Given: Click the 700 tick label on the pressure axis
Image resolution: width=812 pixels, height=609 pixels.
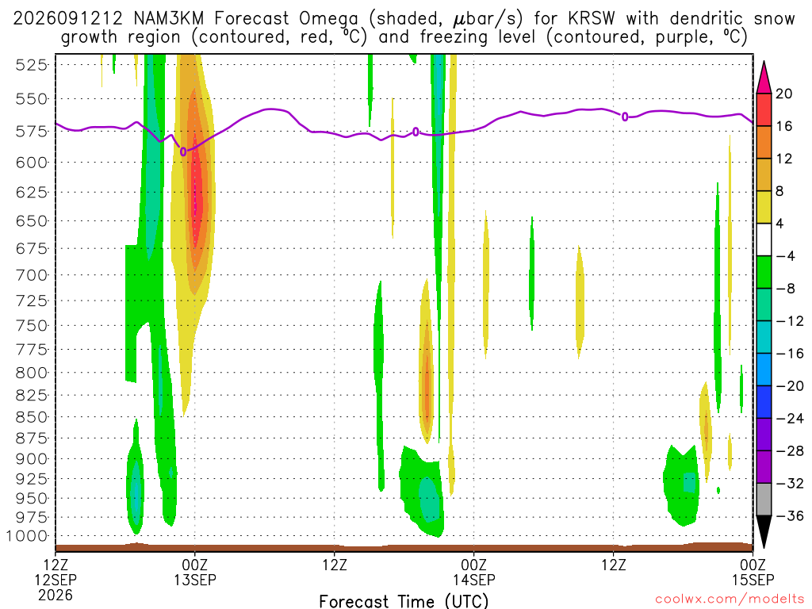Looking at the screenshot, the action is point(32,275).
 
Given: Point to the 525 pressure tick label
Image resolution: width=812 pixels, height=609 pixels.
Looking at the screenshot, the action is point(32,65).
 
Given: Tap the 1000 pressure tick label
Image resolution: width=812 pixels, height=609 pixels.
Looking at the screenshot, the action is point(28,536).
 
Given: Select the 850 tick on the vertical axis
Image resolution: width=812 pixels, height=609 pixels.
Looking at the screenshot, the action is point(32,417).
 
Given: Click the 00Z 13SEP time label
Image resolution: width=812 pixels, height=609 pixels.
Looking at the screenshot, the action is point(195,572).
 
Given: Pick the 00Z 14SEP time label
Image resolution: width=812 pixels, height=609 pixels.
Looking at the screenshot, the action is point(474,572).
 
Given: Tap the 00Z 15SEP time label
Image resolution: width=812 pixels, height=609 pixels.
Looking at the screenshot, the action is point(753,572).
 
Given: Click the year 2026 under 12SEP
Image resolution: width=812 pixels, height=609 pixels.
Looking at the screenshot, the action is point(56,596).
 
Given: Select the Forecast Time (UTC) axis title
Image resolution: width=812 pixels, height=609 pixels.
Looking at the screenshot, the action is point(404,601).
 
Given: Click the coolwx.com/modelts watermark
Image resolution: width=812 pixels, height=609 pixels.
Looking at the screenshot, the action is point(730,599).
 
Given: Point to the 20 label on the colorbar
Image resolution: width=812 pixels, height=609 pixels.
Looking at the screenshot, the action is point(784,94).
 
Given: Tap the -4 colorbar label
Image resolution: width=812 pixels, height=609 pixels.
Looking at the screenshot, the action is point(785,256).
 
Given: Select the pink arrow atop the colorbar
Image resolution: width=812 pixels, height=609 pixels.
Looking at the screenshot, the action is point(764,77).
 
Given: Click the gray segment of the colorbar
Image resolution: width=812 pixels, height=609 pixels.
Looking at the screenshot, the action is point(764,500).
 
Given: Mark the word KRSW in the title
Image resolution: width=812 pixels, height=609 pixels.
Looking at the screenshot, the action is point(592,19).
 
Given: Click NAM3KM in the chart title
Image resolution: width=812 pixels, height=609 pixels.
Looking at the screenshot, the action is point(168,19).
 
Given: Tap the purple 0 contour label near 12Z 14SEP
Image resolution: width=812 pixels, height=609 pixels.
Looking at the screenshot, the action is point(625,117).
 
